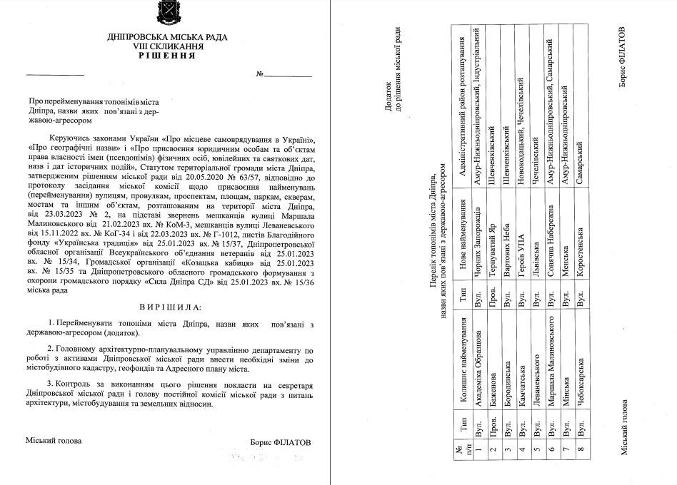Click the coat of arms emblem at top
click(169, 14)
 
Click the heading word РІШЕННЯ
click(169, 55)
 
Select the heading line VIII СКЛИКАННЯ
click(169, 46)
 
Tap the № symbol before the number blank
click(260, 74)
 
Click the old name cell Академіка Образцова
click(478, 371)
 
